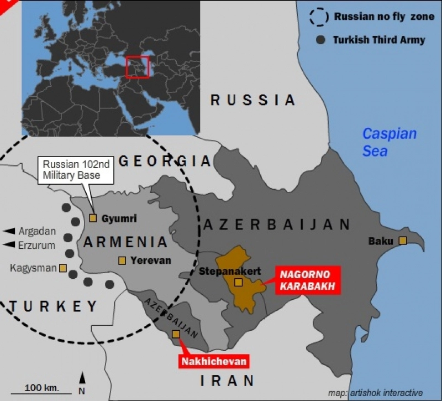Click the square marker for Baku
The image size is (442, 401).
[x=403, y=241]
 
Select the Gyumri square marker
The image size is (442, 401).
[x=93, y=218]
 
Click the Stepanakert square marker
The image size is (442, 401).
[x=238, y=282]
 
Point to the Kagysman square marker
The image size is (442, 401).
[x=63, y=268]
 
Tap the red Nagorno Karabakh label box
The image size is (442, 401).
[x=306, y=279]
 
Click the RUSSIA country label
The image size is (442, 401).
[x=253, y=100]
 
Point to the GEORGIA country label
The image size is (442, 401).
[x=165, y=161]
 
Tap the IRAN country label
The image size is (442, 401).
[x=227, y=381]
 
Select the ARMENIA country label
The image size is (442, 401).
[x=125, y=242]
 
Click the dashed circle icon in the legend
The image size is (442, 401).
[x=319, y=17]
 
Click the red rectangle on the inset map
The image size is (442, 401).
[x=137, y=66]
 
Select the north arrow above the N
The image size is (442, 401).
[x=82, y=378]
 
